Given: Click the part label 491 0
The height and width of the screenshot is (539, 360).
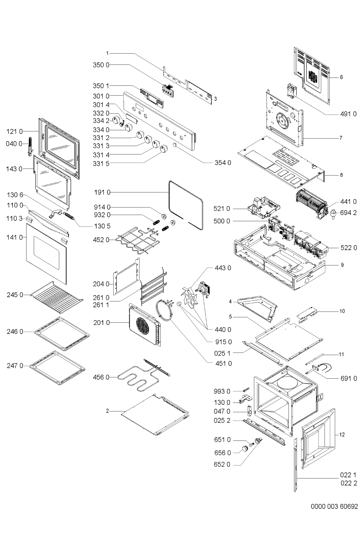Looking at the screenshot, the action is [x=348, y=114].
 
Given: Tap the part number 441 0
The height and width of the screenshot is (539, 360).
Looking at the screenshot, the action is [x=348, y=201].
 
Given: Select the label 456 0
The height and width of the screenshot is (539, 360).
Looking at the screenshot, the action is [x=101, y=377].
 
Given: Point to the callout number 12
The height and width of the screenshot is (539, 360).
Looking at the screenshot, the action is [x=342, y=435].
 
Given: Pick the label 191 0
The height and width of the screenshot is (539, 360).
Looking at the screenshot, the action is [x=102, y=192].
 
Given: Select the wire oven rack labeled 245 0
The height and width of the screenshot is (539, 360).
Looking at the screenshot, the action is [x=57, y=297].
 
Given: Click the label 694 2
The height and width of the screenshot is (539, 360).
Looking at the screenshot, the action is [x=348, y=213].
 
